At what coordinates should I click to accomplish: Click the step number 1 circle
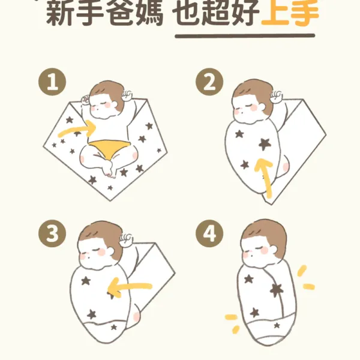pos(52,82)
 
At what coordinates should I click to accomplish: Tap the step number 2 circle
pos(209,82)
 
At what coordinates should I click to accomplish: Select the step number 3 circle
pos(52,234)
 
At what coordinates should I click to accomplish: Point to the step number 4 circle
pos(209,234)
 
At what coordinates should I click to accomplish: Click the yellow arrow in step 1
pos(78,130)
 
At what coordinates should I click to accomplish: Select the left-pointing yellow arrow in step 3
pos(128,287)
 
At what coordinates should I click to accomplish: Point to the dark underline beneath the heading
pos(245,35)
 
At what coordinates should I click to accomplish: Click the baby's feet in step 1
pos(109,169)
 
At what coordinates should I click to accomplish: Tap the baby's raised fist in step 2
pos(276,97)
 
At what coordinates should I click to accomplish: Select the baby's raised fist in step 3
pos(126,240)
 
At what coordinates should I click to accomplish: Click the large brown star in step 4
pos(277,290)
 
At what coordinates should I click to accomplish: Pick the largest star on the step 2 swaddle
pos(265,144)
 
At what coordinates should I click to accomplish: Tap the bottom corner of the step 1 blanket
pos(110,201)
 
